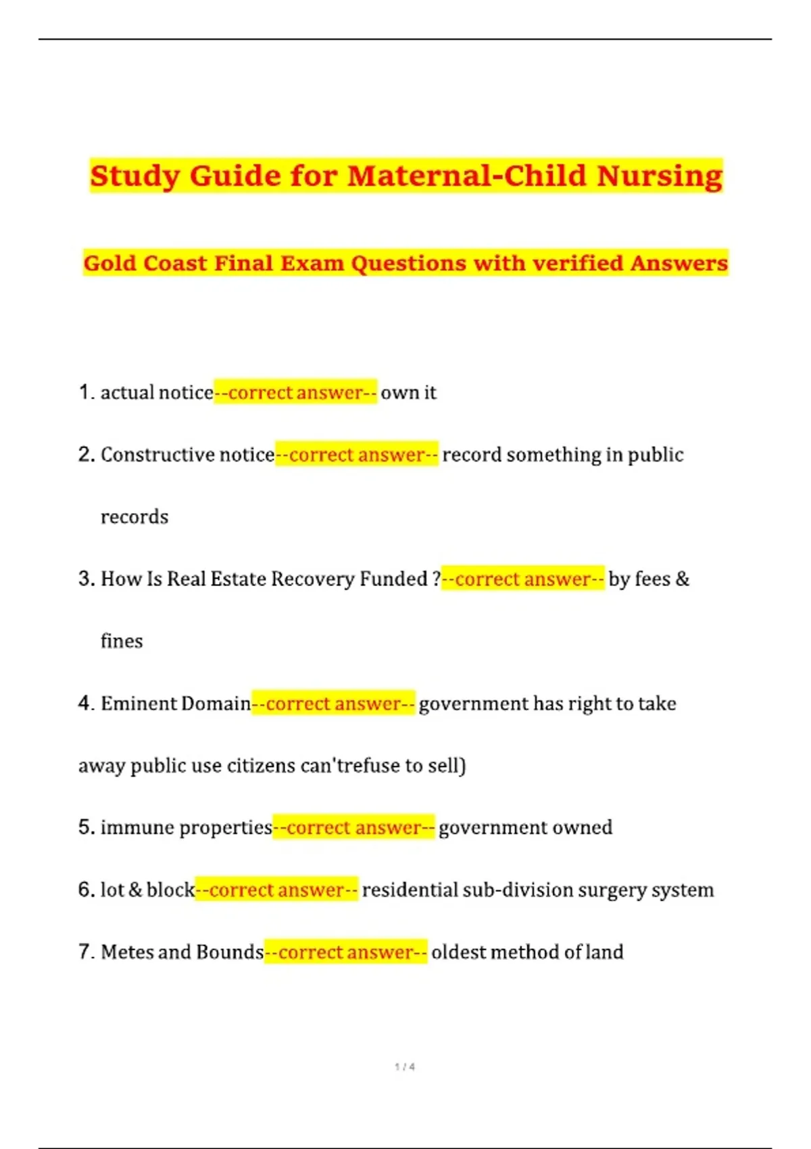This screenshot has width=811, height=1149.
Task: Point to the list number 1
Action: click(84, 392)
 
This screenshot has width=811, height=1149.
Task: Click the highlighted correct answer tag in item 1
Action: click(295, 392)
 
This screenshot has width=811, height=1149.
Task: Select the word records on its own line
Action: click(134, 517)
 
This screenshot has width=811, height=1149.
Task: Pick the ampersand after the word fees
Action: click(682, 579)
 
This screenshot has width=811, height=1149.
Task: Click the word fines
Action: click(122, 641)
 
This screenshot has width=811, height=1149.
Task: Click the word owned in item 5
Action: click(583, 828)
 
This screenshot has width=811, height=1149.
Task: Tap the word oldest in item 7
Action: click(458, 952)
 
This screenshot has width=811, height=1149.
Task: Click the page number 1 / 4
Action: click(405, 1067)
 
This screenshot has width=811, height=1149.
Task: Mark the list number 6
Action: click(85, 890)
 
